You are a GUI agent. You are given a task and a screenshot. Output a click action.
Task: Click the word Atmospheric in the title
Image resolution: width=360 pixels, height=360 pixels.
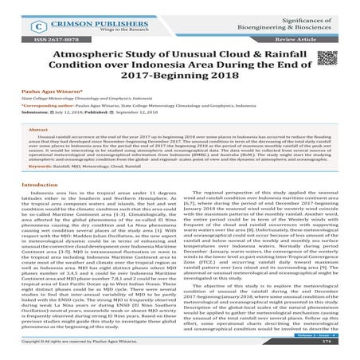85,56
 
